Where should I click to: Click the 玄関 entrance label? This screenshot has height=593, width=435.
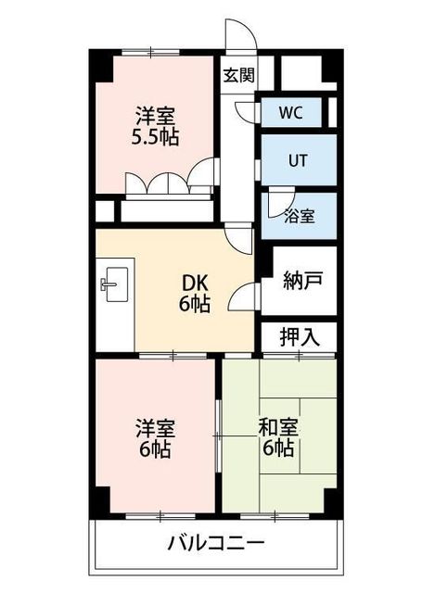pos(238,76)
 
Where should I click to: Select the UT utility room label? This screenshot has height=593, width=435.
pos(297,159)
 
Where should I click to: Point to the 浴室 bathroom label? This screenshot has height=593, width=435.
pos(299,216)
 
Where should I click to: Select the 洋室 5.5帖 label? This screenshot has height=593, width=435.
pos(156,126)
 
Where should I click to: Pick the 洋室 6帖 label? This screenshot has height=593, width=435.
pos(154,439)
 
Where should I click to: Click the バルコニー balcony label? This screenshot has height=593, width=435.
pos(217,543)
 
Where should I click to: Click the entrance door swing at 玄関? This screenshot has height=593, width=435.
pos(239,37)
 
